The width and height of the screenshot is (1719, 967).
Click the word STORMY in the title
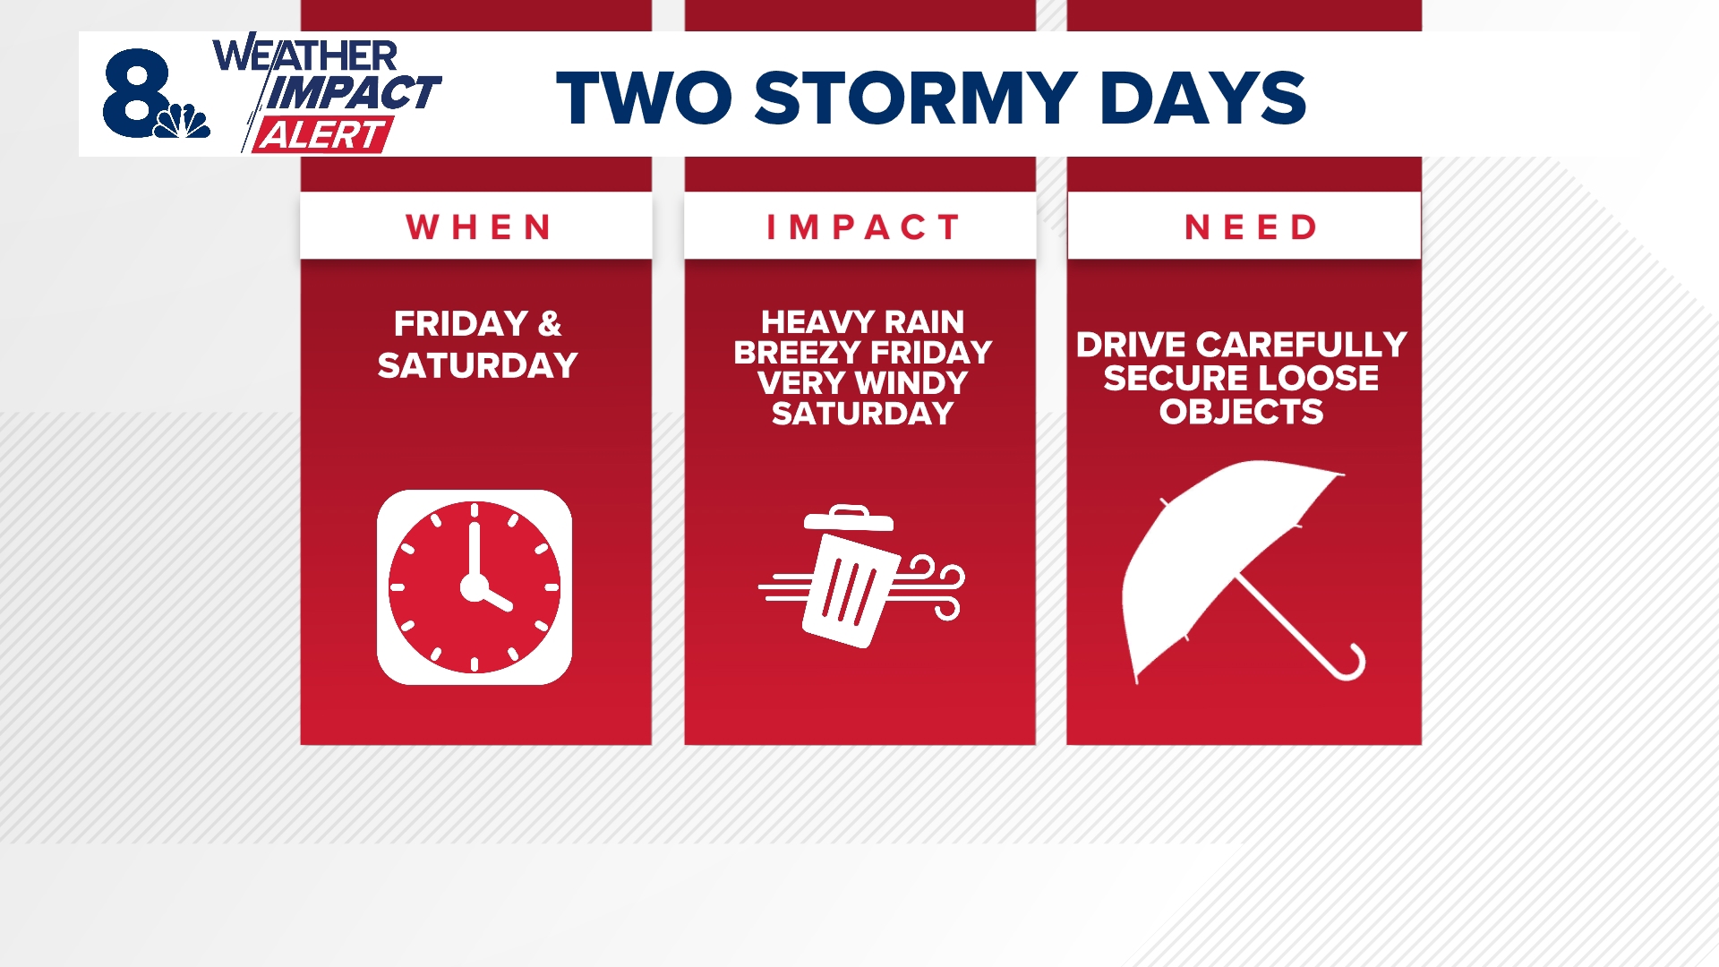tap(915, 98)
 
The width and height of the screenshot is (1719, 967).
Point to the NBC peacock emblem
tap(184, 122)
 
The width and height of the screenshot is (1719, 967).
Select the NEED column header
tap(1250, 227)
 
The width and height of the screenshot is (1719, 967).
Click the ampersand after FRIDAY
tap(549, 323)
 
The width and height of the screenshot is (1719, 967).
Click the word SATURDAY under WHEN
tap(477, 365)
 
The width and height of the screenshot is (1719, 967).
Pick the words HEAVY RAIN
tap(862, 321)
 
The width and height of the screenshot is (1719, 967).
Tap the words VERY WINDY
tap(862, 383)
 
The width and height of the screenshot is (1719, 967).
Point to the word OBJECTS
tap(1241, 412)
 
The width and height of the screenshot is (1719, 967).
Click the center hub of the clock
tap(474, 587)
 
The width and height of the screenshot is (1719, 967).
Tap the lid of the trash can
tap(848, 519)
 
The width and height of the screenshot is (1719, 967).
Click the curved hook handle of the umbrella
tap(1350, 664)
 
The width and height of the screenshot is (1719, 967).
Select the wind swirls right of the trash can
tap(936, 586)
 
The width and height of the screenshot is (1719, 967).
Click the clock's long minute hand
tap(475, 548)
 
